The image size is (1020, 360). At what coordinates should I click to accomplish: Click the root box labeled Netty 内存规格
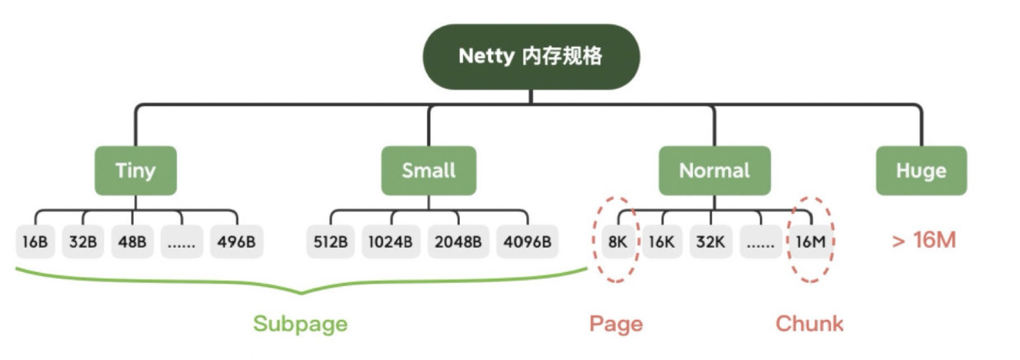[531, 56]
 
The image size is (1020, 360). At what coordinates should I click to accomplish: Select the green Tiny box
[135, 170]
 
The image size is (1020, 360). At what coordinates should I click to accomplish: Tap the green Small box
[429, 170]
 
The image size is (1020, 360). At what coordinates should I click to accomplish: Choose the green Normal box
[714, 170]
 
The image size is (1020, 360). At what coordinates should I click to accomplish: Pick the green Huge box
[921, 170]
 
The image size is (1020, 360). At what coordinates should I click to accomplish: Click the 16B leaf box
[35, 242]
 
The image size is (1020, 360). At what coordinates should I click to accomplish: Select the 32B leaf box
[83, 242]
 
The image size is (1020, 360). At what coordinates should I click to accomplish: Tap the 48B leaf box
[132, 242]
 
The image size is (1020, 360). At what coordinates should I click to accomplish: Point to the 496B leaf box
[236, 242]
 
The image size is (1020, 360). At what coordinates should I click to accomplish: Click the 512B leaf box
[331, 242]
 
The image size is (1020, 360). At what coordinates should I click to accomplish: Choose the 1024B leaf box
[390, 242]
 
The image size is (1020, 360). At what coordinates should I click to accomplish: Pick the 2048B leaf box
[458, 242]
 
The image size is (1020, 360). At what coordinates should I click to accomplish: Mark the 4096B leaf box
[527, 242]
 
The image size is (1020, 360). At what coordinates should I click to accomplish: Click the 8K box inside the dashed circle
[618, 242]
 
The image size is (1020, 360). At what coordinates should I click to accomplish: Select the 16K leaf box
[662, 242]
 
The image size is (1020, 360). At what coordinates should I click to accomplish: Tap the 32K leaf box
[710, 242]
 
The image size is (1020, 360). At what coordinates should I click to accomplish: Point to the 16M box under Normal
[811, 242]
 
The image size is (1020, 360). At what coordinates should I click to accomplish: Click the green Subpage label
[300, 324]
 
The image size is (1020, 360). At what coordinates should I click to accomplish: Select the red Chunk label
[809, 324]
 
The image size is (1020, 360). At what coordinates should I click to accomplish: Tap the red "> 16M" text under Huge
[924, 240]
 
